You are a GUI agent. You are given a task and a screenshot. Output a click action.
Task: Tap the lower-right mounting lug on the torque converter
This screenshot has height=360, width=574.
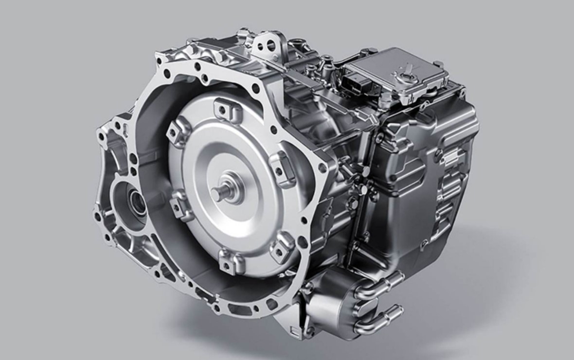click(283, 245)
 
